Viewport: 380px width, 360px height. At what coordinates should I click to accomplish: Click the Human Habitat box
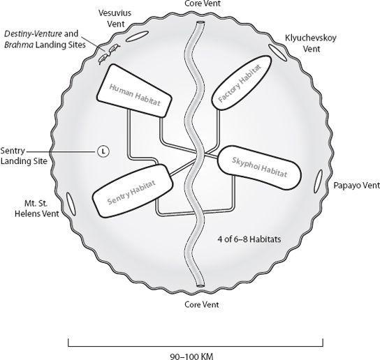(135, 91)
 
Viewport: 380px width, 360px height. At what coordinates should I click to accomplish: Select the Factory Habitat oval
(241, 83)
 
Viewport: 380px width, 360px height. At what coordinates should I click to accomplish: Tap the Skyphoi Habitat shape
(259, 167)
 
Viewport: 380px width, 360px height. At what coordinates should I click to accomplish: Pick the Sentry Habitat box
(133, 190)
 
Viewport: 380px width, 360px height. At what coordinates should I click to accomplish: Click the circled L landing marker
(103, 151)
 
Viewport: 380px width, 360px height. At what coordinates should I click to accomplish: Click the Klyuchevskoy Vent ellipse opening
(277, 52)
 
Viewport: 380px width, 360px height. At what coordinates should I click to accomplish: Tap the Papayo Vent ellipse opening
(319, 181)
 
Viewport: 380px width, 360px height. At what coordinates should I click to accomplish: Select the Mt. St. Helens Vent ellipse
(71, 204)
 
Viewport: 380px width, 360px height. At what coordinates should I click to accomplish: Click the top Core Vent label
(203, 3)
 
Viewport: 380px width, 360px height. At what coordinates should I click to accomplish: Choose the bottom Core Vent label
(202, 304)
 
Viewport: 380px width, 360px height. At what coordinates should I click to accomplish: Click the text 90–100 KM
(191, 357)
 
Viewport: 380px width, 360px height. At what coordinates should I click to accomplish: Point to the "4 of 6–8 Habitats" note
(249, 239)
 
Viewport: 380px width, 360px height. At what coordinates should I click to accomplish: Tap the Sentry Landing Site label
(24, 156)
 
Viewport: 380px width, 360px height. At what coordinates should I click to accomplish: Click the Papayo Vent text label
(357, 186)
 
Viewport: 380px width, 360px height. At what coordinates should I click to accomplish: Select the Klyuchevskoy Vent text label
(311, 43)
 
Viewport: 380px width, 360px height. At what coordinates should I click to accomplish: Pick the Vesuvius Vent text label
(115, 18)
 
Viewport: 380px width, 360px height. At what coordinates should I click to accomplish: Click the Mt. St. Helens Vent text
(37, 209)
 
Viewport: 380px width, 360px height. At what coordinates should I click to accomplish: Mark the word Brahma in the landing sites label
(19, 45)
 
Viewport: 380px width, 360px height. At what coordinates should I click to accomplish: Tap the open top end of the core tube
(200, 23)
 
